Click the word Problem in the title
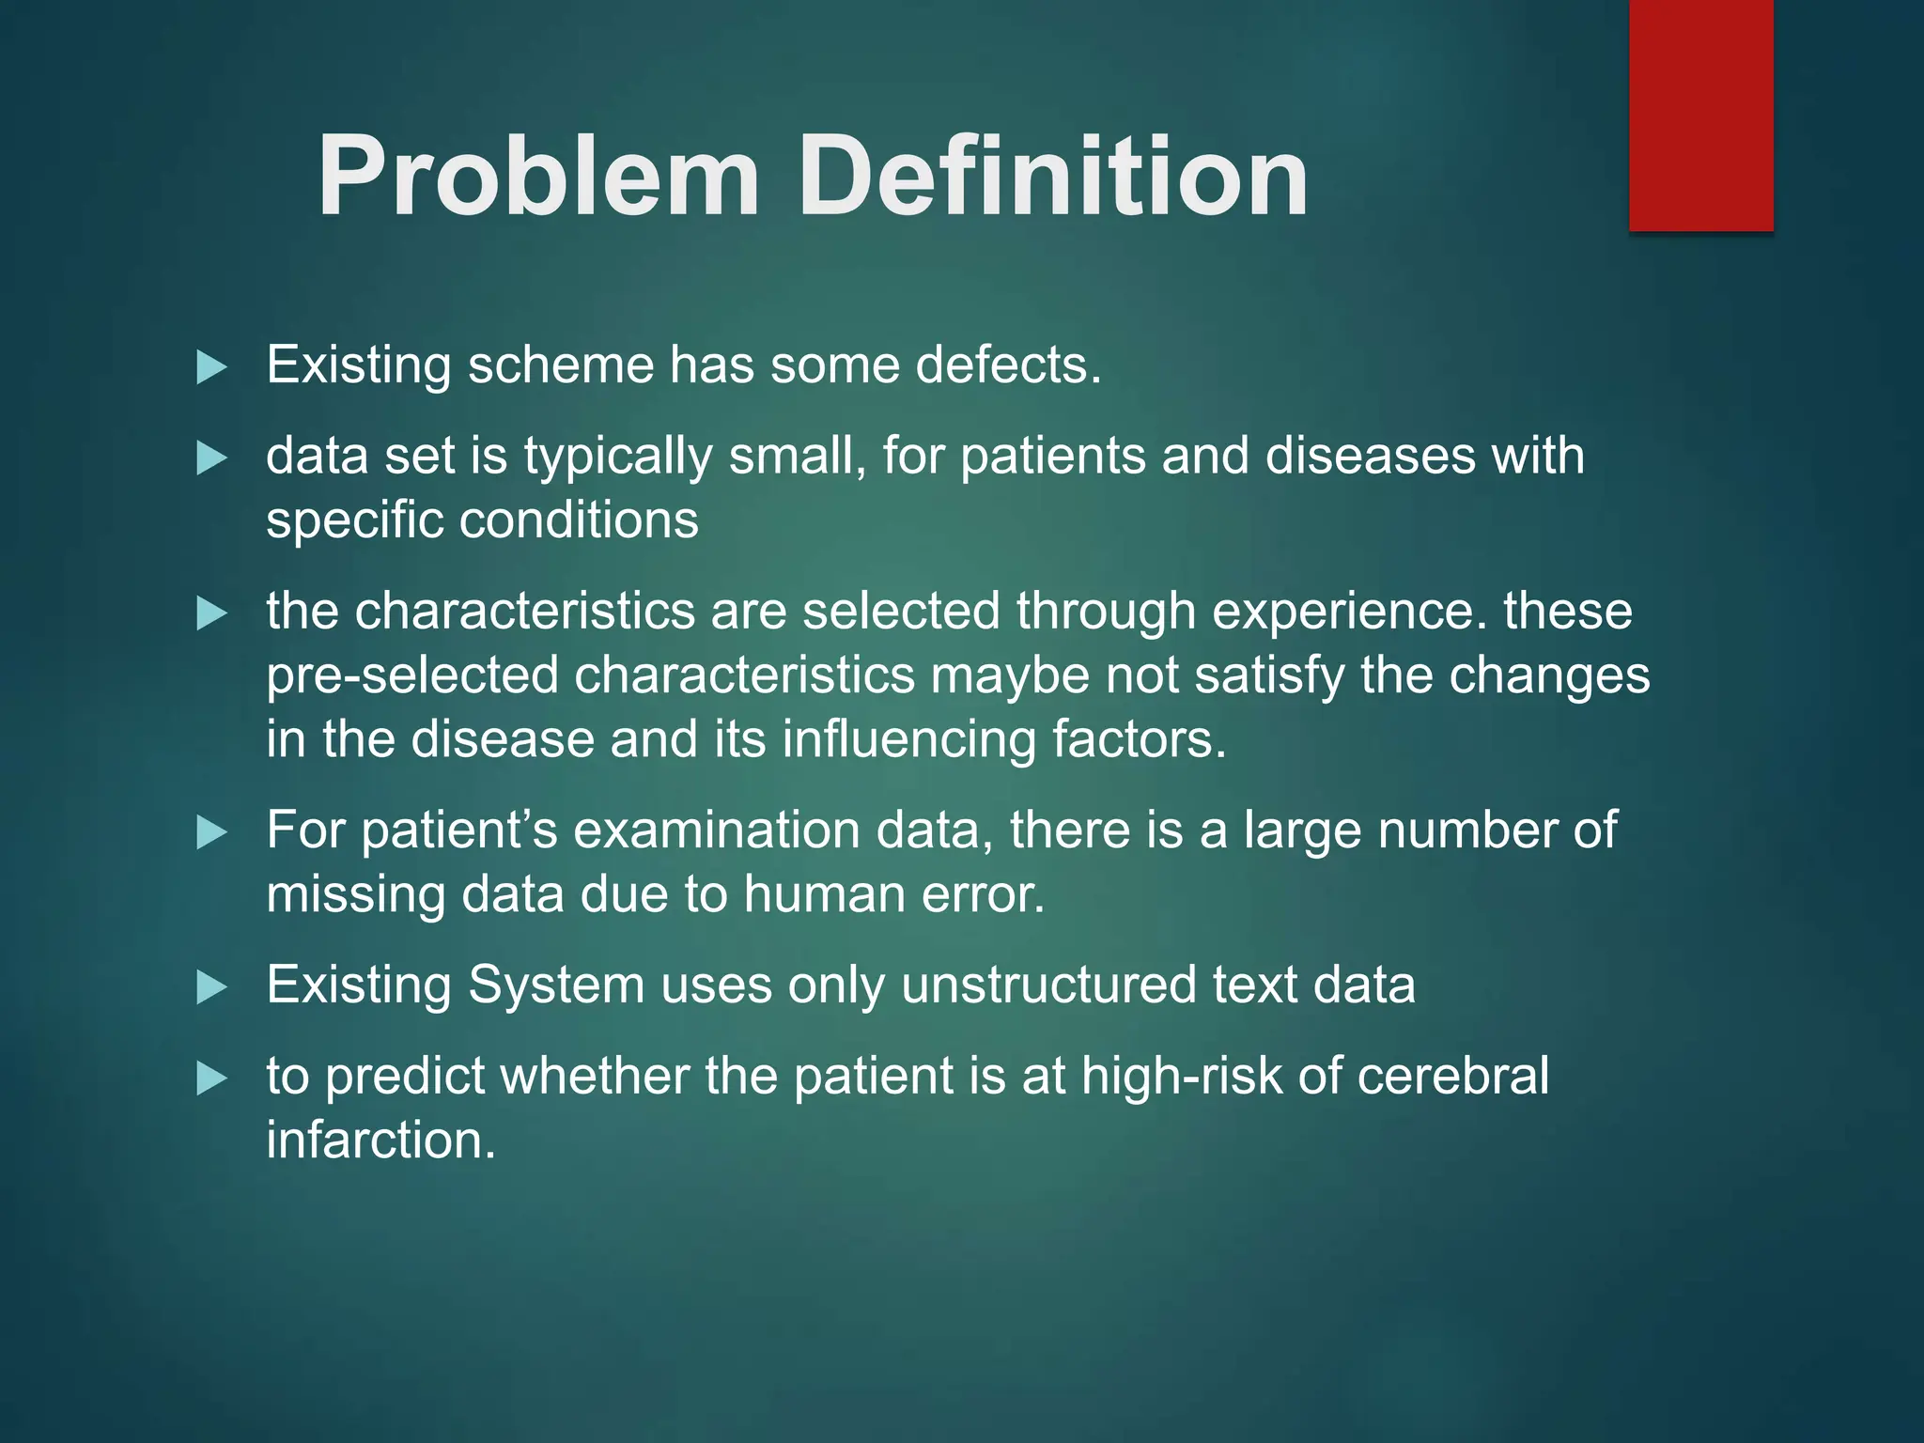537,177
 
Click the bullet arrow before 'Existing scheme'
212,366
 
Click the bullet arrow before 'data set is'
212,458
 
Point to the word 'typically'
617,458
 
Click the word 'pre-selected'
412,676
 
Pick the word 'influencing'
908,739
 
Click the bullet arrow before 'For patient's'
212,832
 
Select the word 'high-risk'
1181,1077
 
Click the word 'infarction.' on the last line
380,1140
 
